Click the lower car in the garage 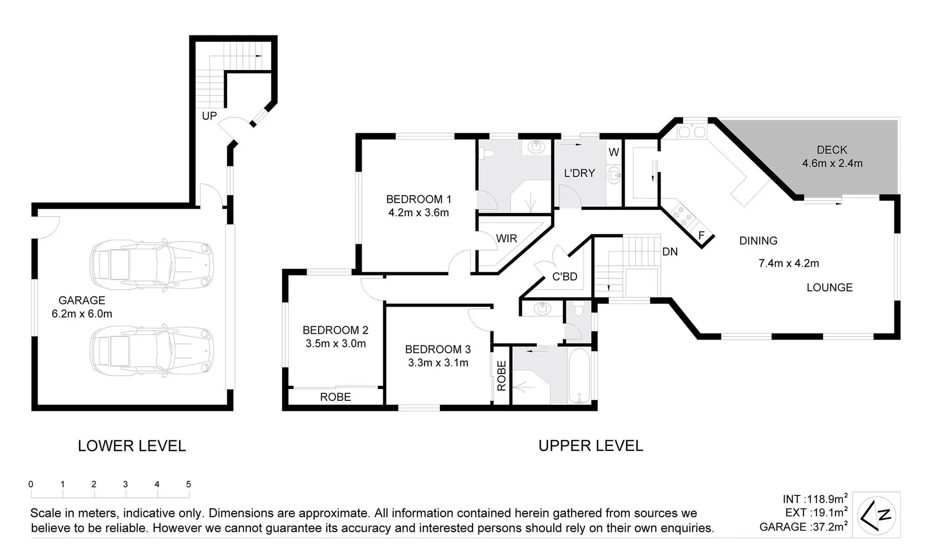click(x=150, y=350)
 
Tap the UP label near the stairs click(x=209, y=116)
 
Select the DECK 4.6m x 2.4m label click(x=832, y=157)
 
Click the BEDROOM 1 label click(x=418, y=199)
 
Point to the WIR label click(x=506, y=239)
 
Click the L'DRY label click(x=579, y=173)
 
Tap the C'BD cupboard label click(x=564, y=277)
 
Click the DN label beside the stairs click(x=669, y=252)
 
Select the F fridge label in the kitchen click(x=701, y=236)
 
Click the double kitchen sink click(x=692, y=132)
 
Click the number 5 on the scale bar click(x=188, y=484)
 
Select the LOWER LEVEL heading click(x=132, y=446)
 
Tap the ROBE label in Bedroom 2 click(x=335, y=397)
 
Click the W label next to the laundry click(x=613, y=152)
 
